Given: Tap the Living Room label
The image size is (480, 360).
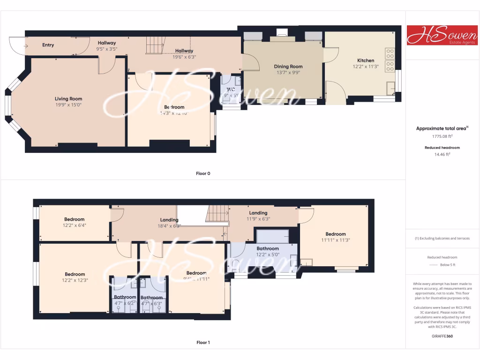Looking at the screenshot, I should (x=68, y=99).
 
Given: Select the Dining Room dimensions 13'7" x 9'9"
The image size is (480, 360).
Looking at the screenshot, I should (x=288, y=73).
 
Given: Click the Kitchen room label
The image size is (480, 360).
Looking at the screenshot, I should (x=366, y=60).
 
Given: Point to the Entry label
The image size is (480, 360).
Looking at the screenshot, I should (x=48, y=45).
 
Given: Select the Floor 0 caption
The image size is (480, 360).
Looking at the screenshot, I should (x=203, y=173).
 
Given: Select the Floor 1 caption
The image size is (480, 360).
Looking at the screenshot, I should (x=203, y=343).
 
